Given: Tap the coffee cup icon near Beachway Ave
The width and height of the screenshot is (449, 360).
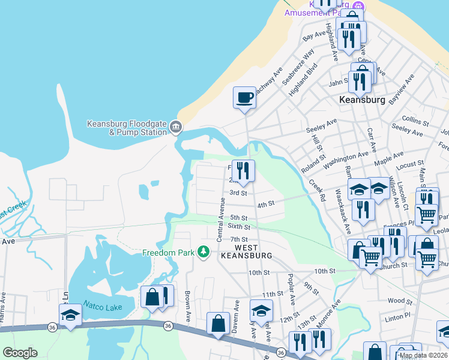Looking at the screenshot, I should [x=244, y=97].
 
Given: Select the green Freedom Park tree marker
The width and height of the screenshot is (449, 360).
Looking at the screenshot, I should [x=204, y=251].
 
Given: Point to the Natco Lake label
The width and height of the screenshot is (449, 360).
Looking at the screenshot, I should [x=103, y=307].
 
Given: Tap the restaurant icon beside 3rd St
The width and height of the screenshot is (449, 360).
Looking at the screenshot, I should [x=243, y=171].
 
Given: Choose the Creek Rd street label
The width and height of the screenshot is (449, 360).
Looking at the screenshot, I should [x=317, y=190].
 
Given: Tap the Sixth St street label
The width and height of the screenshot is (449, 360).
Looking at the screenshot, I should [x=238, y=227].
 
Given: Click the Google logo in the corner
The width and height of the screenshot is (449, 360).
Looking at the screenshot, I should [x=20, y=353].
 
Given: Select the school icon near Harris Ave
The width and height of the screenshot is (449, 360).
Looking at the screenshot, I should [x=70, y=315].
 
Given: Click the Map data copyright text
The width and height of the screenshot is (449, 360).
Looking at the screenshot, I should [x=423, y=355].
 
